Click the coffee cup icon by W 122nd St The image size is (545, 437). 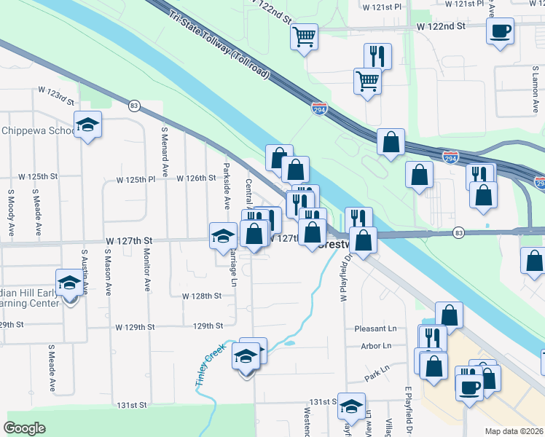point(500,32)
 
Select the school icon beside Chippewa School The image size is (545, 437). point(87,125)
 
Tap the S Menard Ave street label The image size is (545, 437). point(165,154)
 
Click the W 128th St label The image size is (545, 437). point(201,296)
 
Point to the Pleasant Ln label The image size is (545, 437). point(375,329)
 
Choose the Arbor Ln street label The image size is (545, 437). point(377,345)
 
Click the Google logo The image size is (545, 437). point(24,428)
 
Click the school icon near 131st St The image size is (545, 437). point(352,408)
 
